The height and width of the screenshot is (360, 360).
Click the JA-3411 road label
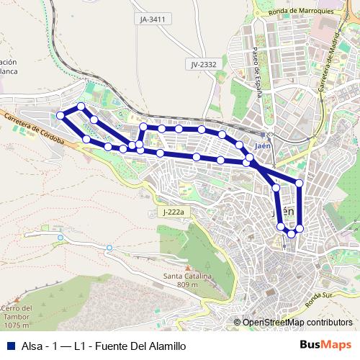coord(153,19)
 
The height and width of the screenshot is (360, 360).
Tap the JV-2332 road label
coord(204,65)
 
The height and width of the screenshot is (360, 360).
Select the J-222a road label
coord(174,212)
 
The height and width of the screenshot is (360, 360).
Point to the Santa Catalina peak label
coord(186,276)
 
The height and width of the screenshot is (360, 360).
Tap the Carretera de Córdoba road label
coord(34,129)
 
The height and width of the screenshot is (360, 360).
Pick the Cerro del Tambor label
coord(17,312)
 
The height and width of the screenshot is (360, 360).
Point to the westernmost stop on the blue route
coord(61,116)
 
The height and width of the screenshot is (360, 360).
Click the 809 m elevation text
coord(186,286)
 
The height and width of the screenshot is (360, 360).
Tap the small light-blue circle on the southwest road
coord(109,248)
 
